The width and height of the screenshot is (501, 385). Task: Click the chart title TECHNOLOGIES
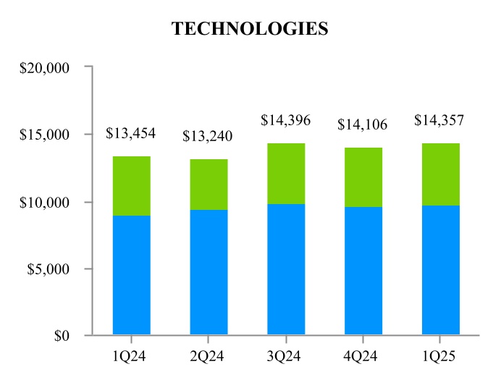[250, 29]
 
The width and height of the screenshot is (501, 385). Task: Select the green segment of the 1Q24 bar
[131, 186]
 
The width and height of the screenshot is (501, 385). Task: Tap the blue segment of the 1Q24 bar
[131, 275]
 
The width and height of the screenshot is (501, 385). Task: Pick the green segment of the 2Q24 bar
[209, 185]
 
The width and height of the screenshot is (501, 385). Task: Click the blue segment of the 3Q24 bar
[286, 269]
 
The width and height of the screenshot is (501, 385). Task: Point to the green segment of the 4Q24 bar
[363, 177]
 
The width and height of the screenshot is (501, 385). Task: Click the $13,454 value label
[131, 133]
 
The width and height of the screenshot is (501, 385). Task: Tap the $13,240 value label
[209, 136]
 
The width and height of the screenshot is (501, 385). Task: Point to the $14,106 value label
[363, 124]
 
